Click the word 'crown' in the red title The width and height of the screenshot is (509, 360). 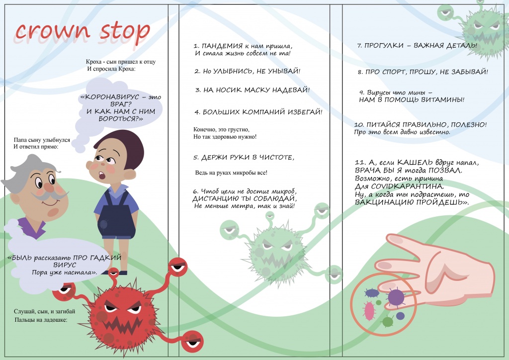[x=52, y=31]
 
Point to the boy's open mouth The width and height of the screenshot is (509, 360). [x=102, y=176]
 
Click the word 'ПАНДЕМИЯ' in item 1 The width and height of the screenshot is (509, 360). [x=222, y=46]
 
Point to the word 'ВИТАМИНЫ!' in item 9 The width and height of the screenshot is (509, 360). [x=442, y=99]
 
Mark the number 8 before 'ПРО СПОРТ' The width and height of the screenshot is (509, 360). [x=360, y=72]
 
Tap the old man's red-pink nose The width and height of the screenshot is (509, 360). [x=49, y=187]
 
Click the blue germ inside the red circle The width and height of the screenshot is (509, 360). [x=372, y=293]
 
